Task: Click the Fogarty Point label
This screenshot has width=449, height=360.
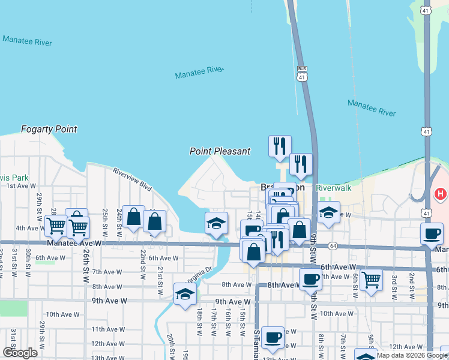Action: click(x=49, y=129)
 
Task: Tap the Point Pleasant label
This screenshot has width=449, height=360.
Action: click(x=220, y=151)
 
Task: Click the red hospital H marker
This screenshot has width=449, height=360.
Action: click(x=440, y=194)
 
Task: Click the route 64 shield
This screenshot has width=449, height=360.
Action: click(x=333, y=246)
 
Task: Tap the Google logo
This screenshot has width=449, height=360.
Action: click(x=20, y=353)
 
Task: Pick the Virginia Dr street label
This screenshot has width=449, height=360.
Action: click(x=201, y=274)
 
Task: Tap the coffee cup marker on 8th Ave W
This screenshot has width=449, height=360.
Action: click(x=310, y=278)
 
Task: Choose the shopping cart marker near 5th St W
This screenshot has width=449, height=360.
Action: click(x=372, y=278)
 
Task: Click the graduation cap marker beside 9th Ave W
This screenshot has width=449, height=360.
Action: click(x=185, y=293)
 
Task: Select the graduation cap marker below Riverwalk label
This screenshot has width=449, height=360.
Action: click(x=328, y=213)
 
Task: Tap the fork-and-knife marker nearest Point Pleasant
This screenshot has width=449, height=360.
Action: click(x=280, y=145)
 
